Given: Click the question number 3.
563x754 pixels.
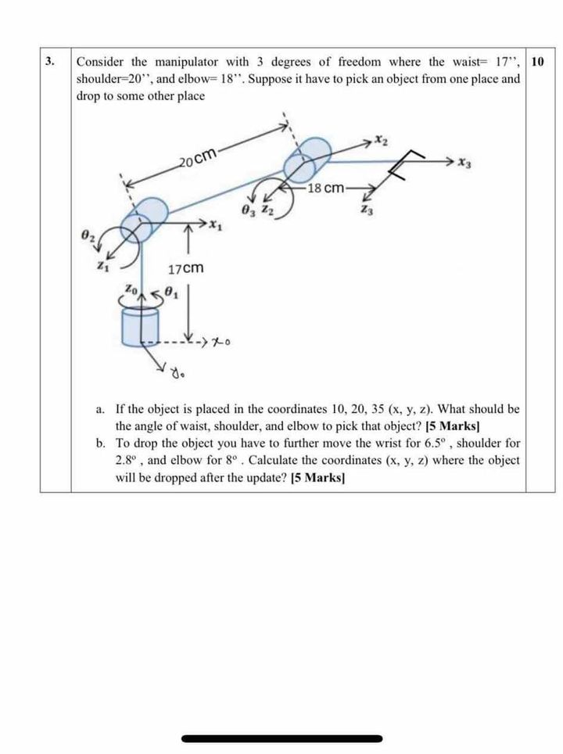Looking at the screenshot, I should click(x=50, y=61).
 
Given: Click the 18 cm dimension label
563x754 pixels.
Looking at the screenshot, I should click(x=325, y=188).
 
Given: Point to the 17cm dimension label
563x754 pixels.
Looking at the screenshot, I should click(x=186, y=268).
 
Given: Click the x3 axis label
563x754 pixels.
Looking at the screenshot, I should click(x=466, y=163).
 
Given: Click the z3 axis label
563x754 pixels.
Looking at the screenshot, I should click(x=365, y=209).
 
